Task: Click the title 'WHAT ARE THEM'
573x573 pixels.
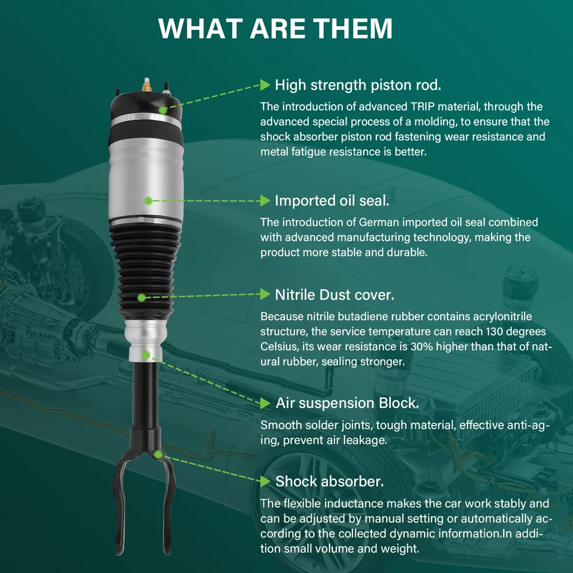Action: (x=275, y=28)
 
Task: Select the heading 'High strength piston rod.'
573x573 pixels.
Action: (x=358, y=85)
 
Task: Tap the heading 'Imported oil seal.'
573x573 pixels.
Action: (x=332, y=201)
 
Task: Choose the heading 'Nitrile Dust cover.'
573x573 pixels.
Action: (x=335, y=295)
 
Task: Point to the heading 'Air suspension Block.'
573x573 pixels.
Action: (x=347, y=403)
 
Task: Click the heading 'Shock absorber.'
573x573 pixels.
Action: (x=329, y=481)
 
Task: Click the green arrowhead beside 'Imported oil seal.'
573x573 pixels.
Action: (x=265, y=201)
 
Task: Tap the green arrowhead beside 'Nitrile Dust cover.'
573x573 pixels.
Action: (x=265, y=294)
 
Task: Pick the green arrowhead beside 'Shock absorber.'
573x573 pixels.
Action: (x=265, y=481)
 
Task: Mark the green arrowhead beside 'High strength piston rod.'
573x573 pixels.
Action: (x=265, y=85)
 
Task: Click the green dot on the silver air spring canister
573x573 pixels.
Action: (x=148, y=201)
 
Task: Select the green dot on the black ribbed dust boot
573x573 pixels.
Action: (x=142, y=298)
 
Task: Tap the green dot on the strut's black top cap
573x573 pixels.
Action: (x=163, y=110)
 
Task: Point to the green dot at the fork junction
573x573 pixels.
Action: (x=158, y=454)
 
